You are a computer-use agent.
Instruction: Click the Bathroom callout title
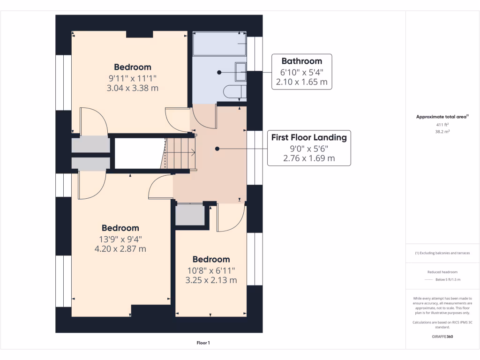(302, 61)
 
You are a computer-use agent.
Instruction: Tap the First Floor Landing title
(309, 138)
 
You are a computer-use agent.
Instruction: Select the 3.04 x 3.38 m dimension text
(133, 88)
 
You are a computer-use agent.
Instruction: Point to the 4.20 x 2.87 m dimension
(120, 249)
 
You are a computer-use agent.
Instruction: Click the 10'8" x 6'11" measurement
(211, 270)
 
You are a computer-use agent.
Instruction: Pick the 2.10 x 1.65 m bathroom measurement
(302, 82)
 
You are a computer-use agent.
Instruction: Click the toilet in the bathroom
(235, 91)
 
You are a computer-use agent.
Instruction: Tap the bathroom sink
(240, 72)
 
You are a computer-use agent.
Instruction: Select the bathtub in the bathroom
(219, 44)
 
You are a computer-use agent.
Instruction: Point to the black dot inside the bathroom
(219, 73)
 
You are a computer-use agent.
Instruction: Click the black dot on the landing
(217, 149)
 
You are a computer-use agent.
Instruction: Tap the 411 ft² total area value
(442, 125)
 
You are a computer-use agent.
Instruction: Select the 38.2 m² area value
(442, 132)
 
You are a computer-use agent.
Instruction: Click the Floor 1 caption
(203, 343)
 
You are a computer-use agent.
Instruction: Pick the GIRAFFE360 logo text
(442, 337)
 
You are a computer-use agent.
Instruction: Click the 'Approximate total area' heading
(441, 117)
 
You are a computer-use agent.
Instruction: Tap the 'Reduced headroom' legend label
(442, 272)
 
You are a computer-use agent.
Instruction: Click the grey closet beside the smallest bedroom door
(190, 215)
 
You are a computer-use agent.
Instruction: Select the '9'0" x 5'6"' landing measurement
(309, 149)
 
